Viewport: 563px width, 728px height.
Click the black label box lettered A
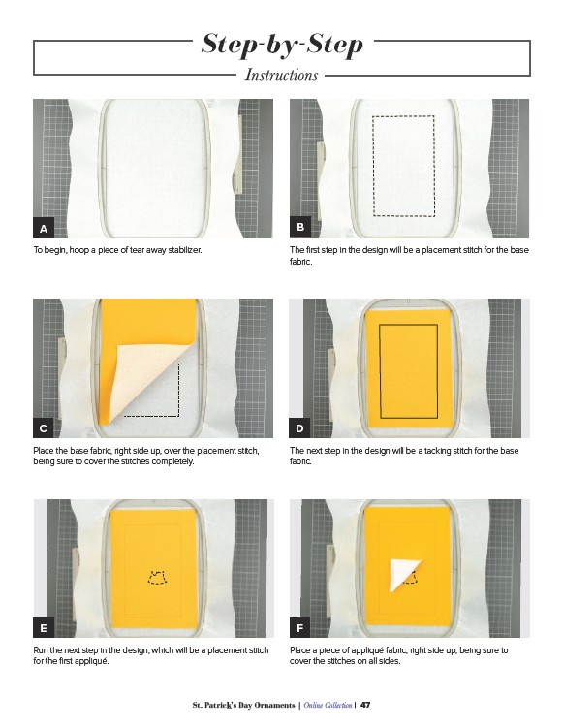click(x=44, y=228)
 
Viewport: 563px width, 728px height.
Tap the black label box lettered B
click(x=300, y=227)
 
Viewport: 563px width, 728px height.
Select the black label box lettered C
click(x=44, y=428)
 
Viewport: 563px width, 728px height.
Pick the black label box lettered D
click(x=299, y=428)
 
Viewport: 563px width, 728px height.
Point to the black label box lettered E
click(x=44, y=628)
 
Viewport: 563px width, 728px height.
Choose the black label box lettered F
click(x=299, y=628)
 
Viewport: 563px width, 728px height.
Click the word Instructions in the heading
click(x=281, y=75)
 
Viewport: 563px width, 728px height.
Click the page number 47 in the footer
click(x=365, y=705)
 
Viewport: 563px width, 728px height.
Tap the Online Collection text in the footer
click(x=328, y=705)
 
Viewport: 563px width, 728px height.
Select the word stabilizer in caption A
click(x=185, y=250)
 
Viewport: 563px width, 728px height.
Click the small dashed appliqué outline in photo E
click(x=157, y=577)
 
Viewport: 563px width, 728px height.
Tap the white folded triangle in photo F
click(x=401, y=574)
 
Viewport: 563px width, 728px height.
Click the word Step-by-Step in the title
click(x=282, y=45)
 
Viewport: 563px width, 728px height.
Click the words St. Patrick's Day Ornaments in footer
click(x=243, y=705)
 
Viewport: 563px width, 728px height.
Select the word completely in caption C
click(x=172, y=461)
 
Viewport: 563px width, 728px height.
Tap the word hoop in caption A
click(x=78, y=250)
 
